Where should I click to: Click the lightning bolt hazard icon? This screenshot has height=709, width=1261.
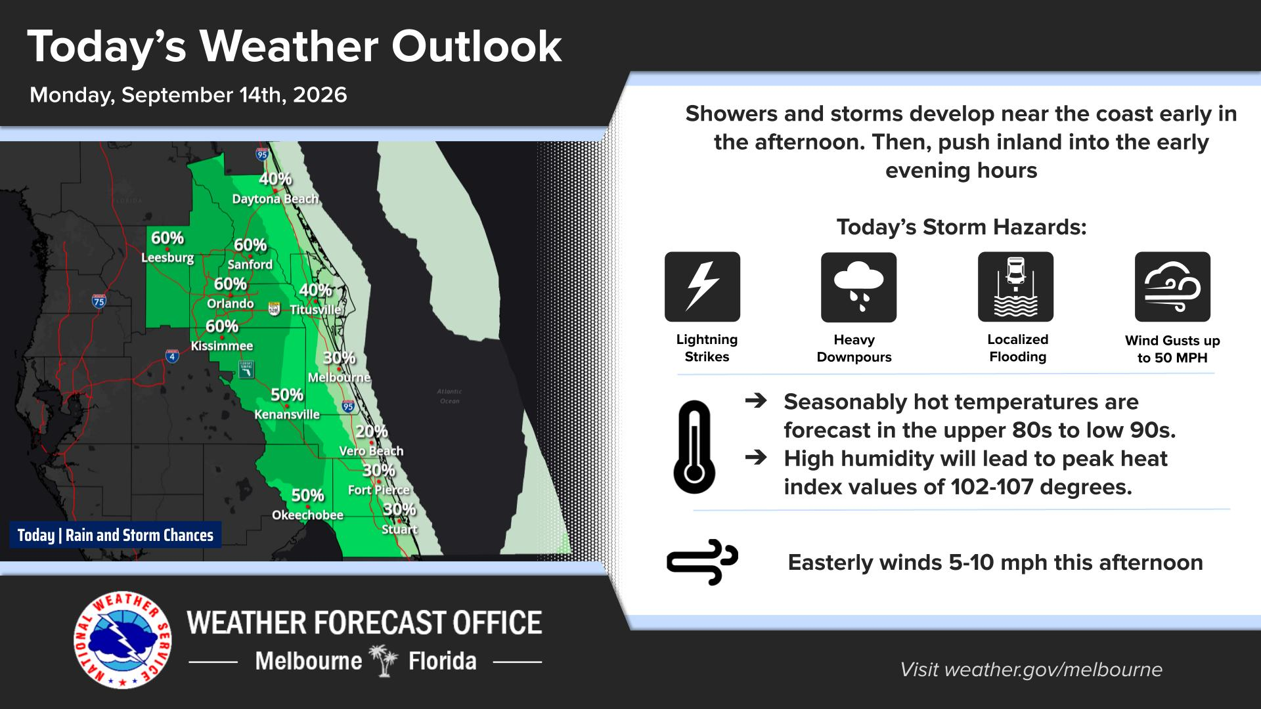click(x=702, y=287)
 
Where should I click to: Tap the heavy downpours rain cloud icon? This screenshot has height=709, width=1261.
click(x=858, y=287)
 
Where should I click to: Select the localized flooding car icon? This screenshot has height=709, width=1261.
click(x=1015, y=287)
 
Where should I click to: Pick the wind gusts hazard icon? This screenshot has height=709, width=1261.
click(x=1172, y=287)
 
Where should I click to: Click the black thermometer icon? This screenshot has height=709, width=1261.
click(x=694, y=446)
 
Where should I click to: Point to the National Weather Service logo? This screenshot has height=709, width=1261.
click(x=123, y=641)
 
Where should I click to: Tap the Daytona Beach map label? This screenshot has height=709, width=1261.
click(x=275, y=199)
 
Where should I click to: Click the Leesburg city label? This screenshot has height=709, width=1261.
click(x=167, y=258)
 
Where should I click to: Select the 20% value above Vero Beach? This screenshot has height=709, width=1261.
click(x=372, y=431)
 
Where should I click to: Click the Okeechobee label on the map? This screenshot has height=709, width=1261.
click(x=307, y=515)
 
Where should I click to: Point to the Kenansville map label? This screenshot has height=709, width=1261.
click(x=287, y=414)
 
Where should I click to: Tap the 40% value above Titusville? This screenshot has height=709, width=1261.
click(x=315, y=290)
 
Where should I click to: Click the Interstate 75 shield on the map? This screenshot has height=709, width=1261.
click(x=99, y=301)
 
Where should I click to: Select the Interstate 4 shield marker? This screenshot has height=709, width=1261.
click(x=172, y=356)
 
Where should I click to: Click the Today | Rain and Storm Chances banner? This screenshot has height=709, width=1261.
click(x=116, y=535)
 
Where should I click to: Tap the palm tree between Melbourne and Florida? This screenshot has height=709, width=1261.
click(x=385, y=660)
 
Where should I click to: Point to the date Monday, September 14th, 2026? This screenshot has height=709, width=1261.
click(x=188, y=95)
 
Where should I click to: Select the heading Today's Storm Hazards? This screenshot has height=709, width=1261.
click(x=962, y=228)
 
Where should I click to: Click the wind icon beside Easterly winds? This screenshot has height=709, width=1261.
click(x=702, y=563)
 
